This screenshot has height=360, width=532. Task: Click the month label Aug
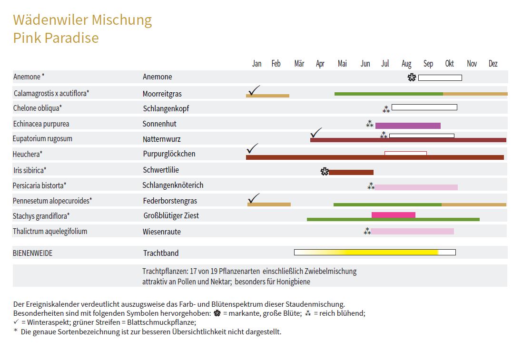coord(406,64)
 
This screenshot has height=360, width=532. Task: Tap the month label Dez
coord(493,64)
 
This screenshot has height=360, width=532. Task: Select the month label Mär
coord(299,64)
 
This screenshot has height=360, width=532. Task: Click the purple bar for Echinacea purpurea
coord(408,126)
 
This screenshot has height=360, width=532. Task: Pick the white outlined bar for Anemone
coord(440,78)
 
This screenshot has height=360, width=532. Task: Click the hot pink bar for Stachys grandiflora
coord(394,215)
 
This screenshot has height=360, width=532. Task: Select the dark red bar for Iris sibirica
coord(351,172)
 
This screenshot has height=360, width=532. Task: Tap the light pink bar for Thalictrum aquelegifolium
coord(413,231)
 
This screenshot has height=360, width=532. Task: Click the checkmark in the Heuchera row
coord(253,148)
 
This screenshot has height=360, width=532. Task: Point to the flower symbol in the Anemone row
coord(412,78)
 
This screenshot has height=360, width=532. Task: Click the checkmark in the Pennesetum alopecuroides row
coord(254,198)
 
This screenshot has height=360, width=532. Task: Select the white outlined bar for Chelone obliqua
coord(424,107)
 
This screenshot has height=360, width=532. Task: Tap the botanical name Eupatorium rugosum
coord(42,139)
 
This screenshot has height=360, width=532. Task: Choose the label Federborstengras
coord(170,201)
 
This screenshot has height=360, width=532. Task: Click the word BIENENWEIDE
coord(32,253)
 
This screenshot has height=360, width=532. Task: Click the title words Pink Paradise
coord(56,38)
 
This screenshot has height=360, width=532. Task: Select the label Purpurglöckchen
coord(169,154)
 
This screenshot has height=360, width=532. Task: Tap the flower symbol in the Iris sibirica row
coord(325,172)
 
